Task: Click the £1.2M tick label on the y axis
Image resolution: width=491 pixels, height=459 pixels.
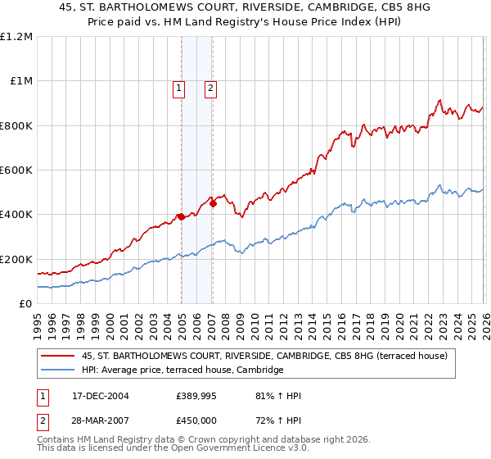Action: coord(16,37)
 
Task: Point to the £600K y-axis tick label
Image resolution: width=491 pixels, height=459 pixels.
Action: coord(16,170)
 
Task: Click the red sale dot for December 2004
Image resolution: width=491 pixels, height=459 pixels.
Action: coord(180,217)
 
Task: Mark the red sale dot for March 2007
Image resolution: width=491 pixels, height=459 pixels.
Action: coord(213,204)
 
